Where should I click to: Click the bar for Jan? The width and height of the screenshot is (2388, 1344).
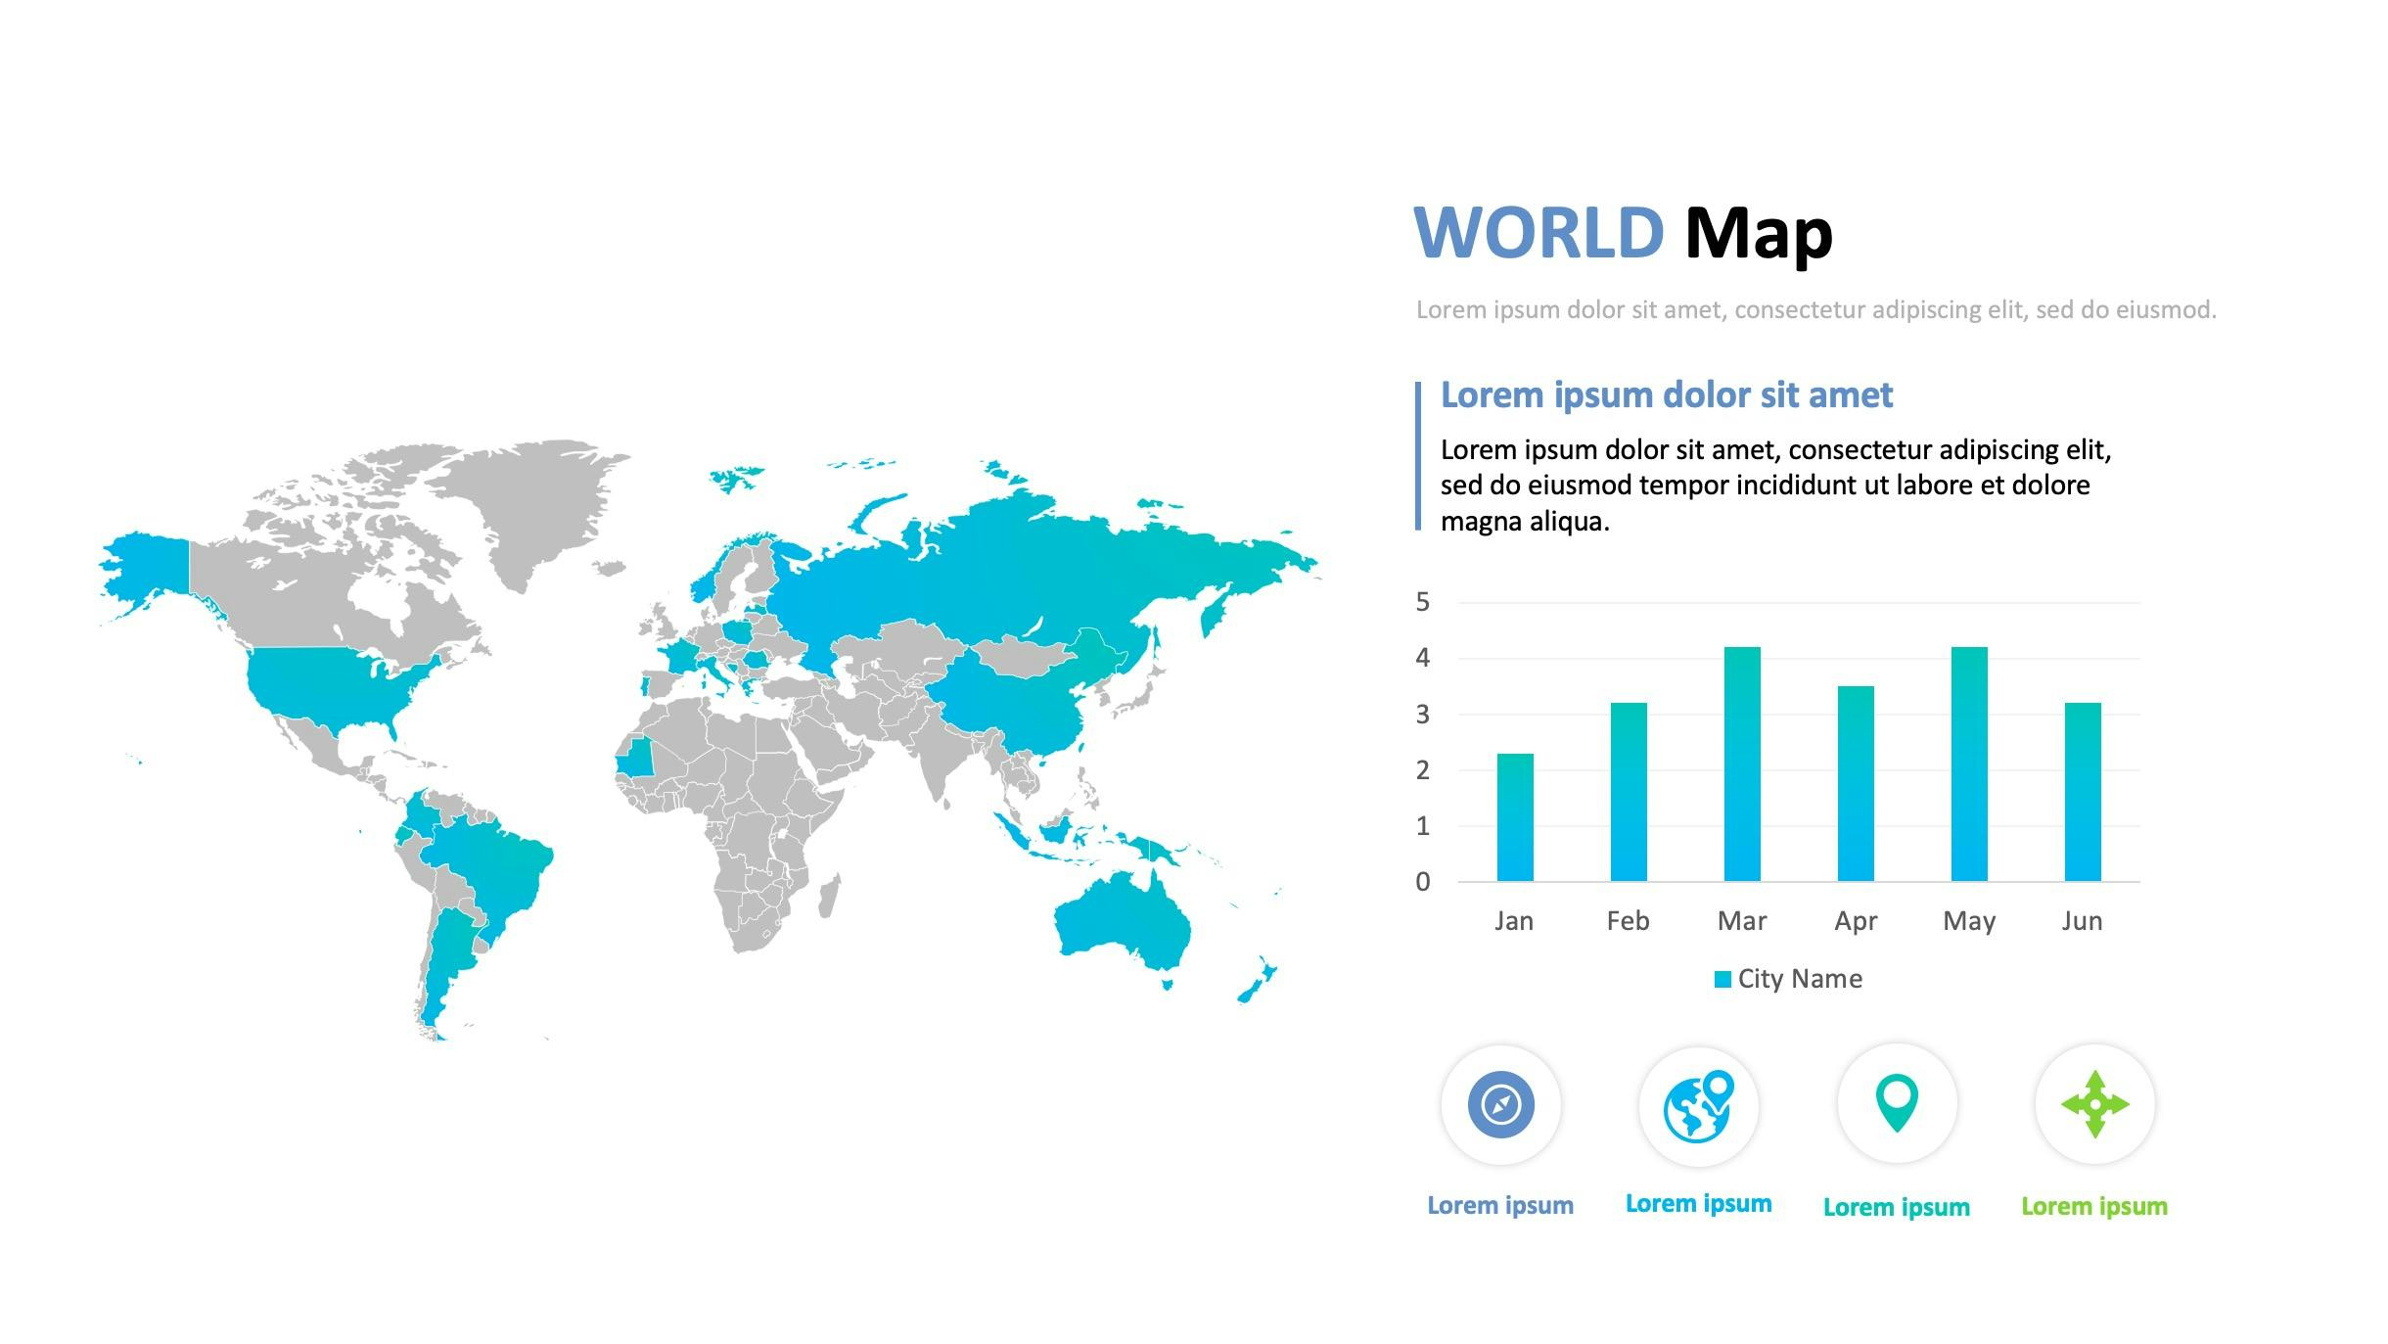pos(1515,817)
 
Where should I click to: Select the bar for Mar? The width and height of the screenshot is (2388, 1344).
pos(1742,765)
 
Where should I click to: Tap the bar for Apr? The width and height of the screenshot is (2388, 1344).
pos(1856,784)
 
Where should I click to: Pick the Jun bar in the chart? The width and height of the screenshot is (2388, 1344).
pos(2083,792)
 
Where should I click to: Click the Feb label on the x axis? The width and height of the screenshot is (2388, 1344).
pos(1628,921)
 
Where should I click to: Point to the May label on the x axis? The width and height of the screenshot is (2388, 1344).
pos(1969,922)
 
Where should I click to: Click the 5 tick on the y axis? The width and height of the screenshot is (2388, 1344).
pos(1423,602)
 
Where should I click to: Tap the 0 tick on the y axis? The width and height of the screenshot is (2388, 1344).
pos(1423,882)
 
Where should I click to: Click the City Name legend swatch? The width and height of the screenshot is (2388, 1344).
pos(1722,980)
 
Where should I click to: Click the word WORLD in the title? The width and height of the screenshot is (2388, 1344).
pos(1539,233)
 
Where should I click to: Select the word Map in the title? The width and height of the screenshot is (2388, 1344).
pos(1759,235)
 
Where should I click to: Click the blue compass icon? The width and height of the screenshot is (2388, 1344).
pos(1501,1104)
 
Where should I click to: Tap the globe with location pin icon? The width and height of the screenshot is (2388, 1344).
pos(1699,1106)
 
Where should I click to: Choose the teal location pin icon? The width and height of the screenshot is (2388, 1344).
pos(1897,1103)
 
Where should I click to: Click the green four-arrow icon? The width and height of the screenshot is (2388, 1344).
pos(2094,1104)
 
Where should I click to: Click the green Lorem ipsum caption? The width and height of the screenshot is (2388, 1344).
pos(2094,1207)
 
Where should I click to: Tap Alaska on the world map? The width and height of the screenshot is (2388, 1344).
pos(147,568)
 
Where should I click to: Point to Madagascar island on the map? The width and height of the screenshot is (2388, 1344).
pos(830,896)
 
